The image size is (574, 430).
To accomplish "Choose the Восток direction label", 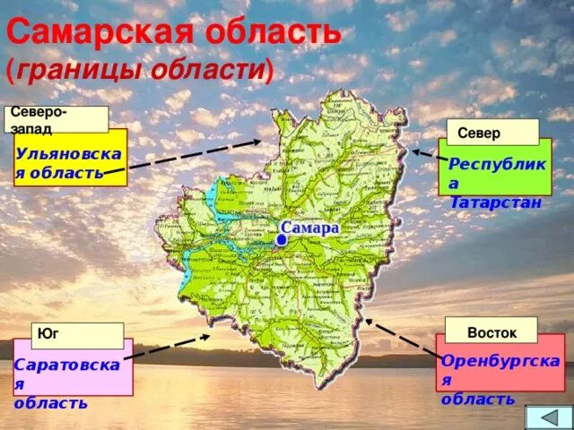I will coord(491,331).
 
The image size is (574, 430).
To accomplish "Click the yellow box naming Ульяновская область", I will coord(70,162).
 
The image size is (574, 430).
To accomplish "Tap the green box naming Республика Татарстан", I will coord(494,170).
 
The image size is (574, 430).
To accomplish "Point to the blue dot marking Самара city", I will coord(281,240).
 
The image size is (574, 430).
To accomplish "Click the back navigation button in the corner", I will coord(546,417).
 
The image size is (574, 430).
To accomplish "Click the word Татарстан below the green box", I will coord(495,202).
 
